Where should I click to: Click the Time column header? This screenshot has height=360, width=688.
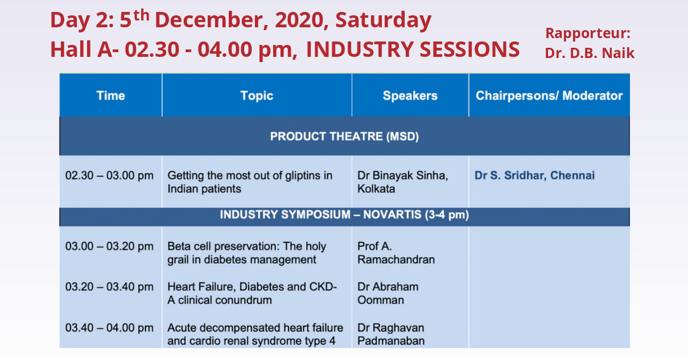(110, 96)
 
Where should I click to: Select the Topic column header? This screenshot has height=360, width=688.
(257, 96)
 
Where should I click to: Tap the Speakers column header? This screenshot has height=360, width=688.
(410, 96)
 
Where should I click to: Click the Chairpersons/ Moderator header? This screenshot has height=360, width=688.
(549, 96)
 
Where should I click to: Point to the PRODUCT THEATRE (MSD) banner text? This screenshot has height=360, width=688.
(344, 136)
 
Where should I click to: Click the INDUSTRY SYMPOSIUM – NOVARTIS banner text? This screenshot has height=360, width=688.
(344, 214)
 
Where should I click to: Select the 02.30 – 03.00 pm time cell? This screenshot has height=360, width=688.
(109, 176)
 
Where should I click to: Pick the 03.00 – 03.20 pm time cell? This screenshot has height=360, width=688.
(109, 246)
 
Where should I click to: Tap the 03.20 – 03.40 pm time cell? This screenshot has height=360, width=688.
(109, 287)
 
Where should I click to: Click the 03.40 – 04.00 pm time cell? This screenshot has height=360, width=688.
(109, 328)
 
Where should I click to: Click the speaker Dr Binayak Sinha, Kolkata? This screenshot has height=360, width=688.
(403, 182)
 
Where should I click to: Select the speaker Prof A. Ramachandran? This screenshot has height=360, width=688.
(396, 253)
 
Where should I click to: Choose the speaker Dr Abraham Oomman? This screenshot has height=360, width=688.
(388, 293)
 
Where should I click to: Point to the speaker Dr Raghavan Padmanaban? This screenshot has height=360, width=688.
(391, 334)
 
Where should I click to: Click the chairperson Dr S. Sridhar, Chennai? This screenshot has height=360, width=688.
(534, 176)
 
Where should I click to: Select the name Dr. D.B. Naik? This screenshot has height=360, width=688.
(590, 53)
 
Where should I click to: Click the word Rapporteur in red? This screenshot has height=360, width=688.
(588, 34)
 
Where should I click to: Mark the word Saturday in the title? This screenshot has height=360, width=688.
(384, 20)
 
